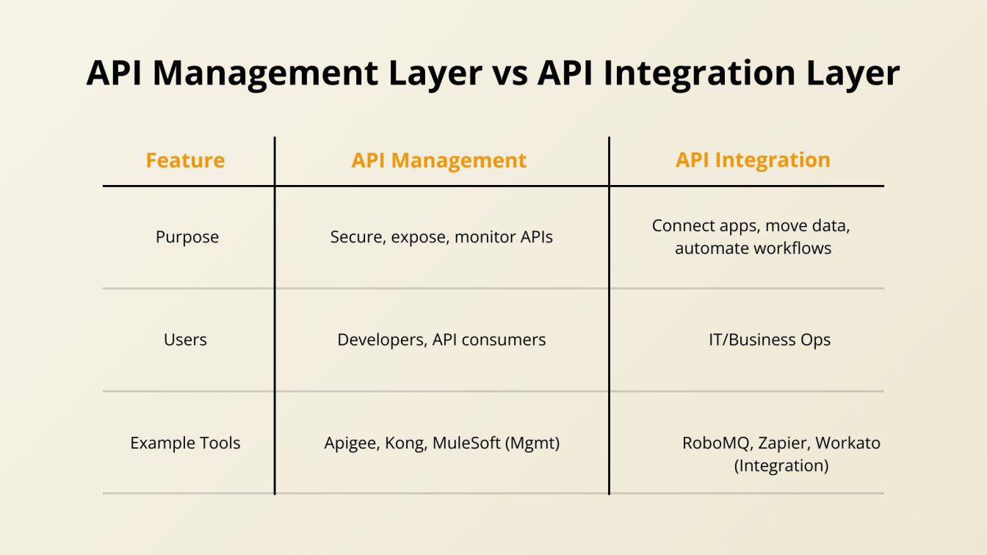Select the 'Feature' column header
coord(185,160)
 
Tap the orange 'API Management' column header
coord(439,160)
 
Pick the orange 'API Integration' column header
coord(753,160)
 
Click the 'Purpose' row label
coord(187,237)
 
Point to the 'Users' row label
coord(185,340)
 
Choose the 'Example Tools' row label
coord(185,443)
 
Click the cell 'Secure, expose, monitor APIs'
coord(441,237)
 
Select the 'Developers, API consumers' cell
coord(441,340)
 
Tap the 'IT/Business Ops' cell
coord(770,340)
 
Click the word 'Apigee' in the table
coord(352,443)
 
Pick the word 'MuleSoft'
coord(466,443)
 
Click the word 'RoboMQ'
coord(715,443)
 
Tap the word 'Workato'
coord(847,443)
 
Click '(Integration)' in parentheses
coord(781,465)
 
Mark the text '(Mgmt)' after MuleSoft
coord(532,443)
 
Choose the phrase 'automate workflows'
coord(753,248)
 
